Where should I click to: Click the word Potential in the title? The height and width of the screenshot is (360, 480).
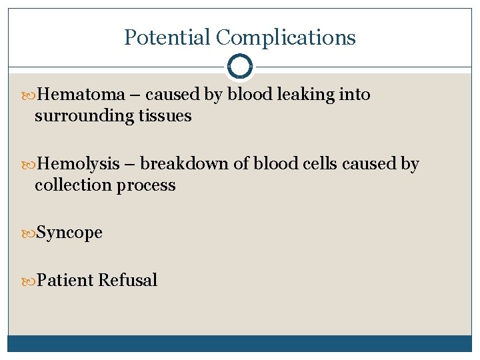pyautogui.click(x=167, y=37)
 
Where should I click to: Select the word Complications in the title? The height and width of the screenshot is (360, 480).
pyautogui.click(x=286, y=37)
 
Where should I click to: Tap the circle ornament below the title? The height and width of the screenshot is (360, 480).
pyautogui.click(x=239, y=67)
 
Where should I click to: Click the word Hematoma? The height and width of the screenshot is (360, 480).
pyautogui.click(x=81, y=95)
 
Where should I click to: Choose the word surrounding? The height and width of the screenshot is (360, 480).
pyautogui.click(x=85, y=116)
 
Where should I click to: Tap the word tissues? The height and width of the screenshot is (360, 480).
pyautogui.click(x=165, y=116)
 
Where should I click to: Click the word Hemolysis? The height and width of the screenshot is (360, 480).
pyautogui.click(x=79, y=164)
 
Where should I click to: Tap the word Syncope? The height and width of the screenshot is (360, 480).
pyautogui.click(x=69, y=233)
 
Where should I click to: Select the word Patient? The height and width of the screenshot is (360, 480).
pyautogui.click(x=65, y=280)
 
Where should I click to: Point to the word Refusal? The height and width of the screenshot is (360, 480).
pyautogui.click(x=127, y=280)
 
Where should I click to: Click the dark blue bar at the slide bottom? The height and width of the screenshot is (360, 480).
pyautogui.click(x=239, y=343)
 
